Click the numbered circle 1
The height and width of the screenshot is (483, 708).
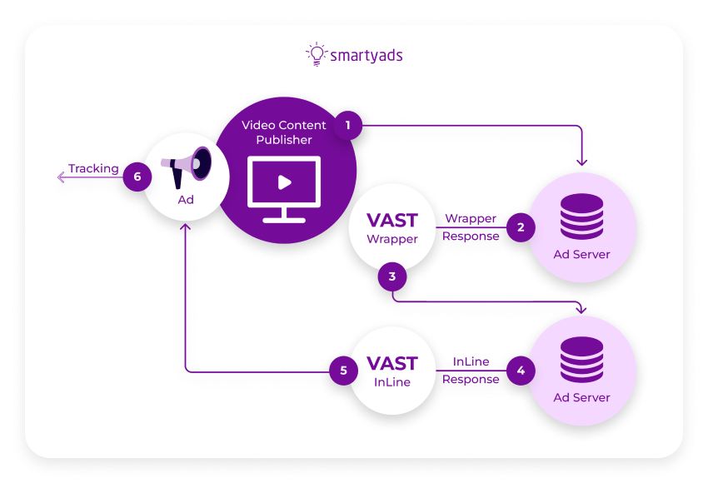pyautogui.click(x=348, y=126)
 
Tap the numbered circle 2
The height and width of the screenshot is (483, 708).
pyautogui.click(x=521, y=227)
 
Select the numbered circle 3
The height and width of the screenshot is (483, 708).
pyautogui.click(x=392, y=276)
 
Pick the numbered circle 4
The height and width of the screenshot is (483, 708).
pyautogui.click(x=521, y=370)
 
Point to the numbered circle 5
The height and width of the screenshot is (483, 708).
pyautogui.click(x=343, y=370)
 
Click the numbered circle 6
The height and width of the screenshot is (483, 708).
pyautogui.click(x=137, y=177)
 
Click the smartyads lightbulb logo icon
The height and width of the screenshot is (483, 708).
pyautogui.click(x=317, y=54)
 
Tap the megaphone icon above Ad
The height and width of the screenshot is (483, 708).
pyautogui.click(x=187, y=167)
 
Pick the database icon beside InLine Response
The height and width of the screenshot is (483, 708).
pyautogui.click(x=581, y=360)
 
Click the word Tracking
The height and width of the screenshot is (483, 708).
pyautogui.click(x=93, y=168)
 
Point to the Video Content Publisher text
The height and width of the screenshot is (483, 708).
pyautogui.click(x=284, y=132)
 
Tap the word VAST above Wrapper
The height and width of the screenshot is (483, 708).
pyautogui.click(x=392, y=222)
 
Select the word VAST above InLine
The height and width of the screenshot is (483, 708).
pyautogui.click(x=392, y=365)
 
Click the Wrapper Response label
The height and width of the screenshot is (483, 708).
pyautogui.click(x=471, y=227)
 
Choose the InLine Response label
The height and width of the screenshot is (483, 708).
pyautogui.click(x=471, y=371)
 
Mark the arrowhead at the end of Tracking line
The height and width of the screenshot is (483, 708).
pyautogui.click(x=61, y=177)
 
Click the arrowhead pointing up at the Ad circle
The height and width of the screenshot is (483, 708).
pyautogui.click(x=185, y=227)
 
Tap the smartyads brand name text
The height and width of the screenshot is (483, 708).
pyautogui.click(x=366, y=56)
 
